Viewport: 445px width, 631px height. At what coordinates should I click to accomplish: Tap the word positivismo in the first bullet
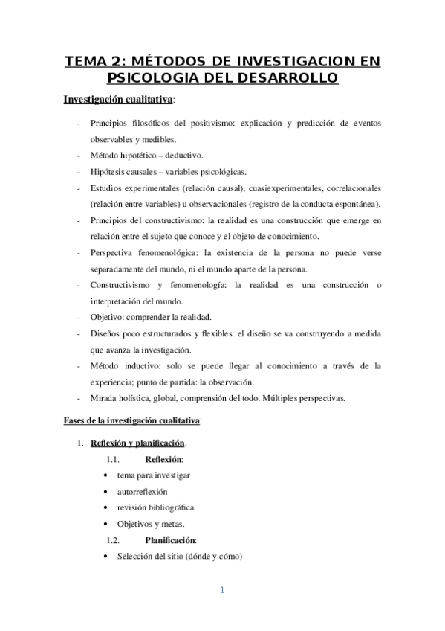coord(211,123)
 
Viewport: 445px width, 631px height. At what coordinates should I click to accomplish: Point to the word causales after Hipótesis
coord(147,172)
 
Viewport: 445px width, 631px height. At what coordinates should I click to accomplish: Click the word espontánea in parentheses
coord(355,204)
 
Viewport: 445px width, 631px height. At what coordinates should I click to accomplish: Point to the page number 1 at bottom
coord(221,591)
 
